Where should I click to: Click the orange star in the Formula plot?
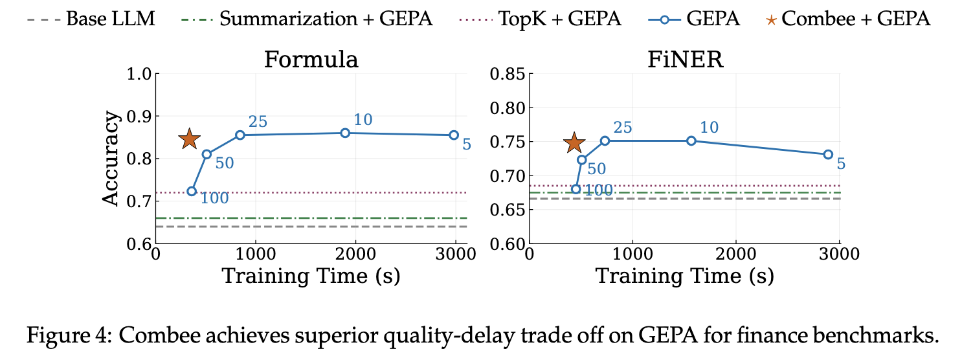point(189,139)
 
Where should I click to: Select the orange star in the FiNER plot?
point(574,143)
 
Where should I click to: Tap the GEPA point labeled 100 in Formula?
point(192,191)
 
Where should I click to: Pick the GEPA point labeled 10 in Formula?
point(345,133)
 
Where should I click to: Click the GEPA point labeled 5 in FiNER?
point(828,154)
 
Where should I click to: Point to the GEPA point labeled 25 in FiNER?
point(605,141)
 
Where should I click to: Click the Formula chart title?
point(311,60)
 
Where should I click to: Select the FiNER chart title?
point(685,60)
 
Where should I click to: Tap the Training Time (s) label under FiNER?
point(684,276)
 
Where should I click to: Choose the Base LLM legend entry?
point(91,18)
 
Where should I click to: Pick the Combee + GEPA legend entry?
point(849,18)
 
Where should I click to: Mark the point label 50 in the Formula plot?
point(225,163)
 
